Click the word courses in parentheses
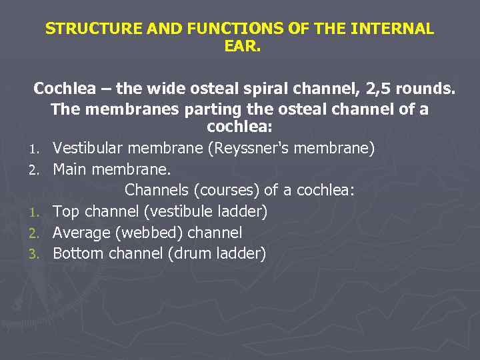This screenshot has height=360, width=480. coord(227,190)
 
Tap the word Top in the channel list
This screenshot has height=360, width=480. coord(65,212)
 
